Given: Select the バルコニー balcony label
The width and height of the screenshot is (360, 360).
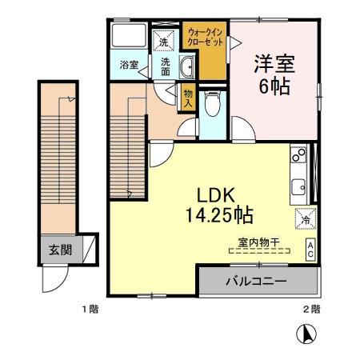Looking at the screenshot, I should pos(256,282).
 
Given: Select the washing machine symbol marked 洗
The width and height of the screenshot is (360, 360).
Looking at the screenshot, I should pos(164,40).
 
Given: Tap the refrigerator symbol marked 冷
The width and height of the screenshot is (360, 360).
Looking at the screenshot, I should pos(305,217).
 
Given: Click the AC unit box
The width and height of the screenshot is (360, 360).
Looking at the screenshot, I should pos(310,249).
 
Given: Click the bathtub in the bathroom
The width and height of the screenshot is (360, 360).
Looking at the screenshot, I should pos(128,37).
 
